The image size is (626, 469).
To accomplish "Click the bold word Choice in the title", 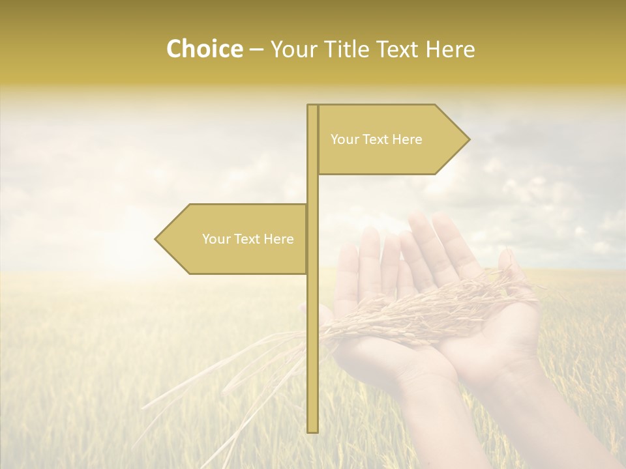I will (204, 49).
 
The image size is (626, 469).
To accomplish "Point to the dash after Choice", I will (256, 50).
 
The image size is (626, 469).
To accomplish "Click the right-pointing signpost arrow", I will (391, 139).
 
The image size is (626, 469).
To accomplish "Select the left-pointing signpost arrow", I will (231, 239).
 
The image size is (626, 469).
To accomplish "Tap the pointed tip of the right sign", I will (467, 139).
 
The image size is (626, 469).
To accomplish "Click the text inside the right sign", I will (376, 139).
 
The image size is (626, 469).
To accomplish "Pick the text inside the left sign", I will (248, 239).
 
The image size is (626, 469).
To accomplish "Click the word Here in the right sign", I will (408, 139).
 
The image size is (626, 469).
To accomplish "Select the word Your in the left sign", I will (215, 239).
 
